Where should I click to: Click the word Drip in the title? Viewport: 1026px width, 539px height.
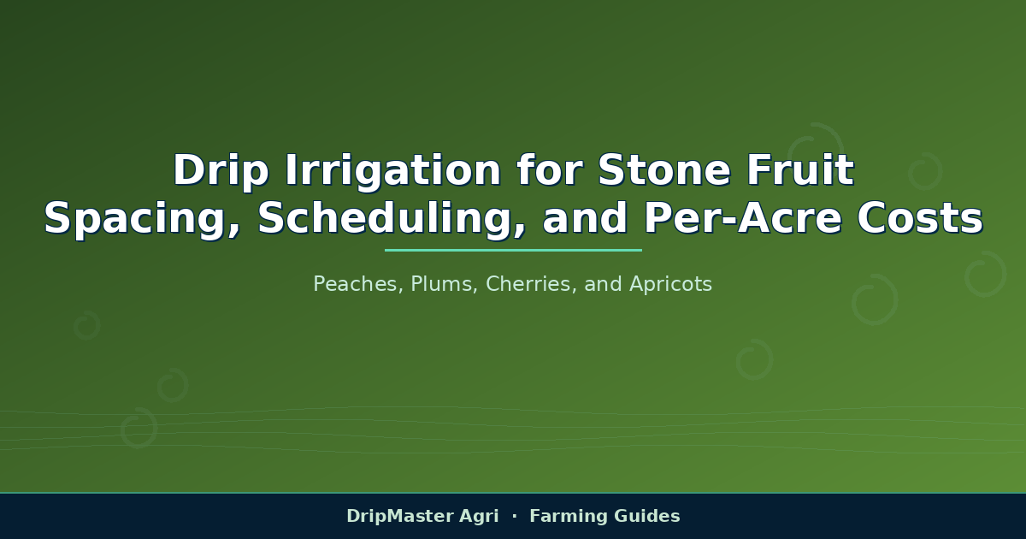[x=221, y=170]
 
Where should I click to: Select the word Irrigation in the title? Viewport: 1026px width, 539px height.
[x=393, y=170]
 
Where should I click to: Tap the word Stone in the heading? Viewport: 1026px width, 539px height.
[x=663, y=169]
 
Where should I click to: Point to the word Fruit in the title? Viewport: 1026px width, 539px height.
[x=800, y=169]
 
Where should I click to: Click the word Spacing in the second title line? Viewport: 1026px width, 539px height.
[x=142, y=219]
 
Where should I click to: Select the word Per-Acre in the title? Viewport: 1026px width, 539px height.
[x=742, y=218]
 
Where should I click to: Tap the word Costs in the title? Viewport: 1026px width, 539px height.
[x=920, y=218]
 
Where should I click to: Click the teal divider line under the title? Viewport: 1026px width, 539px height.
[x=513, y=250]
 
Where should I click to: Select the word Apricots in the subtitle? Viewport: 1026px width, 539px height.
[x=671, y=285]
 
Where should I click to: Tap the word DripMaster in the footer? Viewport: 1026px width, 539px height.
[x=398, y=517]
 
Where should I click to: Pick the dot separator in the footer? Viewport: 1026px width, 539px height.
[x=515, y=516]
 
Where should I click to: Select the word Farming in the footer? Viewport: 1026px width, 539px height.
[x=568, y=517]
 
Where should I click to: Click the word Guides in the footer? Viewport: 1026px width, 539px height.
[x=647, y=516]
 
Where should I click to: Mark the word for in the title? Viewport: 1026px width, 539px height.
[x=549, y=169]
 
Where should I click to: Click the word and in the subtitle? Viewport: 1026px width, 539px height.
[x=604, y=284]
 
